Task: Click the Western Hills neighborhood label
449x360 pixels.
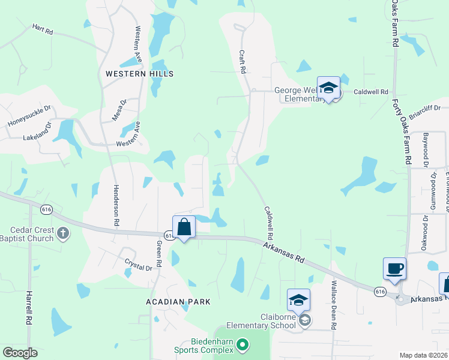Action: (139, 74)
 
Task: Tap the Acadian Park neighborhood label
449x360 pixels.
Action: (178, 302)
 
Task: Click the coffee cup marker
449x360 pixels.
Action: (394, 269)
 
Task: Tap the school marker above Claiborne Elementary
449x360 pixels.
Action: (298, 299)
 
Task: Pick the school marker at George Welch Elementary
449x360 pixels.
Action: (328, 88)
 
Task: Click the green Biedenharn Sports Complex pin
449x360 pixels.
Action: (243, 344)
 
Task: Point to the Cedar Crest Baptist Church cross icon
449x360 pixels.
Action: (63, 231)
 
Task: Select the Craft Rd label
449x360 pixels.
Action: (243, 62)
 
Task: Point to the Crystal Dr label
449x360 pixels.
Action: (136, 265)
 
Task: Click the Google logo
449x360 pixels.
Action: (20, 353)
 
